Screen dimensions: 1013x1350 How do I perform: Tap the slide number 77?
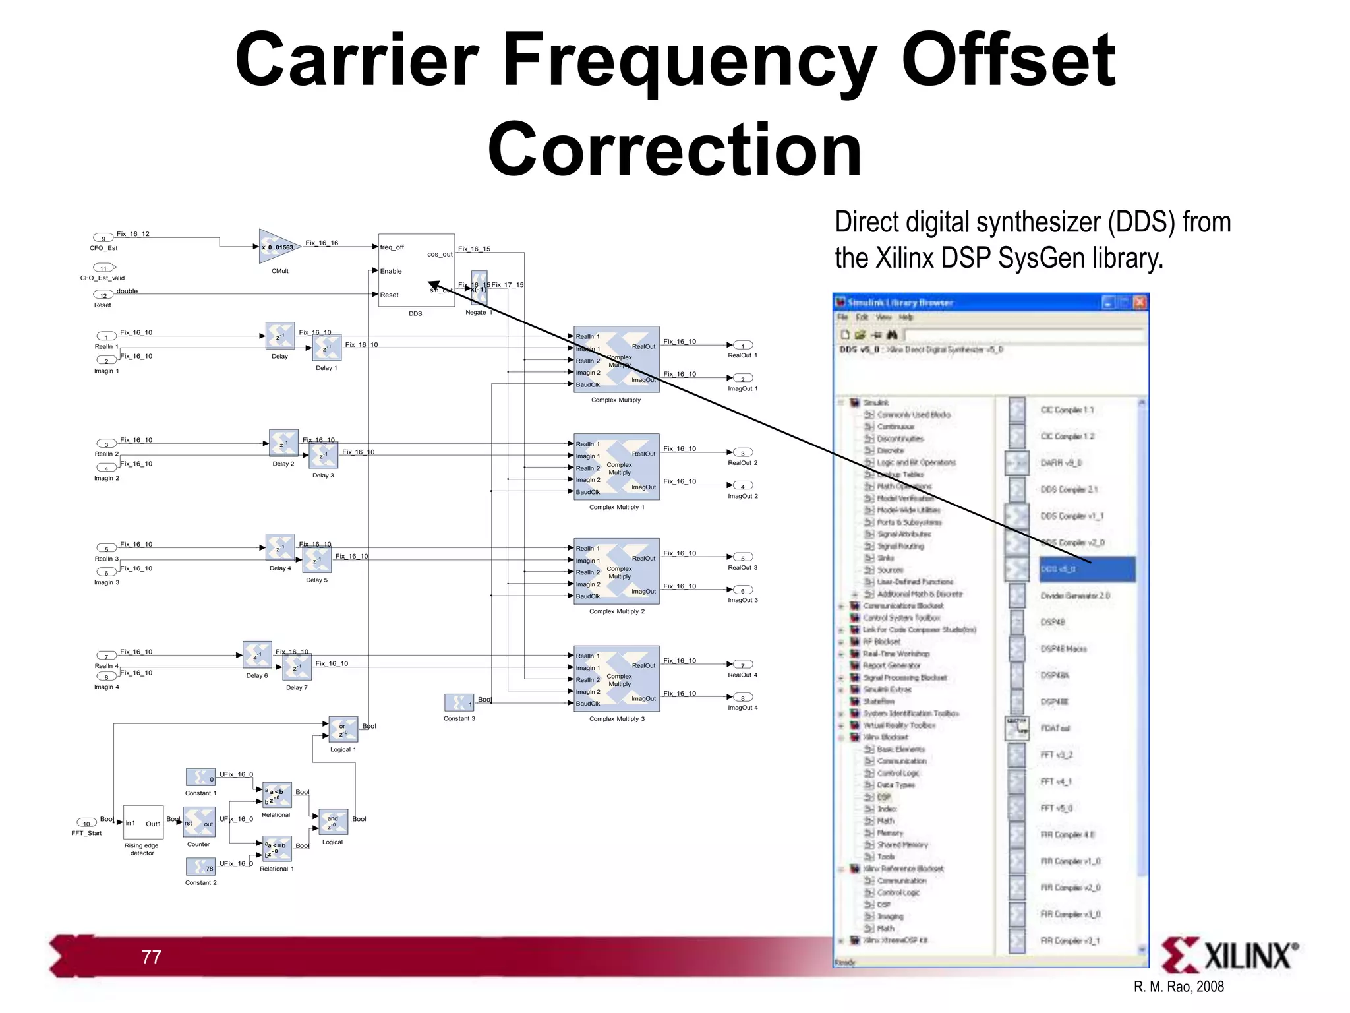click(151, 957)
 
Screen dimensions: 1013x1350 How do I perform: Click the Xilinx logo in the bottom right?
click(1229, 955)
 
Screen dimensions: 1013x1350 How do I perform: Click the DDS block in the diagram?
click(416, 270)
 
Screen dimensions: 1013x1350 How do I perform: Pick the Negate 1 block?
click(479, 288)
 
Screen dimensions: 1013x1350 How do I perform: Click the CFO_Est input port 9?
click(103, 238)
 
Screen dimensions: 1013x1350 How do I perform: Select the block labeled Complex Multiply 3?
click(616, 679)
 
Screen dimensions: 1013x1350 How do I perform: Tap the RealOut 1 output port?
click(743, 346)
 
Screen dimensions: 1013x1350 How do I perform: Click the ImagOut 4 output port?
click(743, 698)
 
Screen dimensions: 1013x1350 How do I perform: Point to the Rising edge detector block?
click(143, 822)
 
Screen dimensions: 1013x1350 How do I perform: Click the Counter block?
click(198, 823)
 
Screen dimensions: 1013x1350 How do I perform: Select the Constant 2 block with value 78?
click(200, 867)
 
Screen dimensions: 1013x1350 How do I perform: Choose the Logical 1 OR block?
click(343, 729)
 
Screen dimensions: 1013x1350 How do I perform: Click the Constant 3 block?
click(459, 703)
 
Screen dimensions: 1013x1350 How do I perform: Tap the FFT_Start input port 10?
click(86, 823)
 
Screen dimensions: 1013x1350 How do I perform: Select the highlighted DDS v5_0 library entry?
click(1086, 569)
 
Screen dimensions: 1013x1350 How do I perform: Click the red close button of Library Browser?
click(1140, 302)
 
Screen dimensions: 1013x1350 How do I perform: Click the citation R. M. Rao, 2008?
click(1178, 987)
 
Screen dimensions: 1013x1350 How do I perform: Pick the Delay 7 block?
click(297, 668)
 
